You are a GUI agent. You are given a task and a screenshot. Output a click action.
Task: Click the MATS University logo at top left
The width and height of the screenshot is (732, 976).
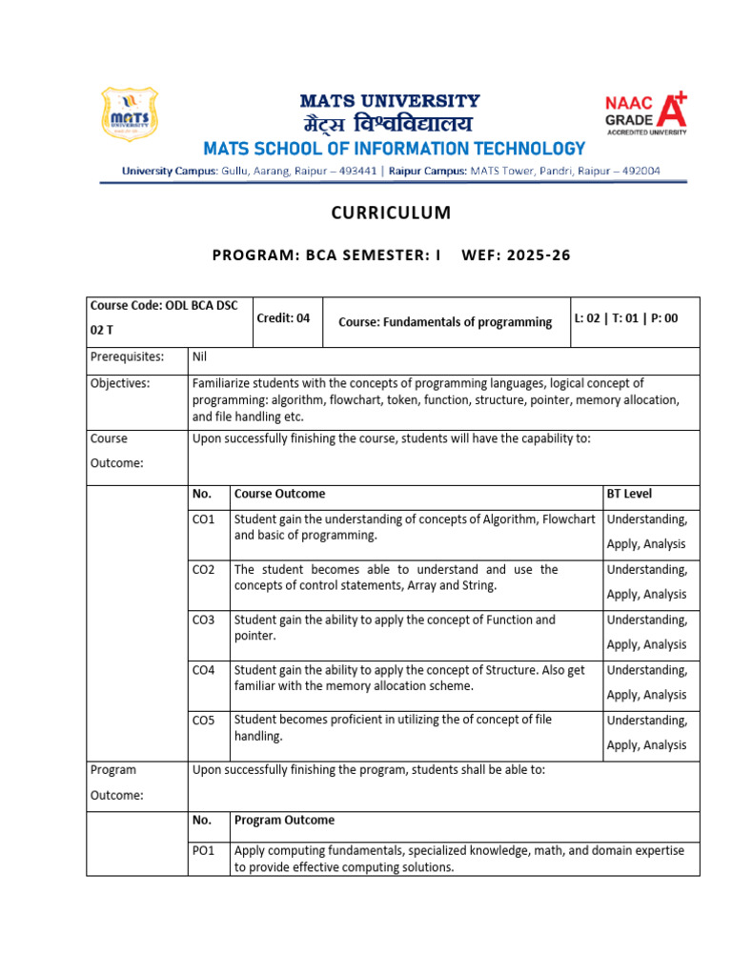click(x=129, y=114)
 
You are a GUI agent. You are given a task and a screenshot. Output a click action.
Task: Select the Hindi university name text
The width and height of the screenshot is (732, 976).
click(x=389, y=124)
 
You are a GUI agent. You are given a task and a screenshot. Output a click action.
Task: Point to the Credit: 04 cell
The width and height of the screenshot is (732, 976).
click(x=283, y=319)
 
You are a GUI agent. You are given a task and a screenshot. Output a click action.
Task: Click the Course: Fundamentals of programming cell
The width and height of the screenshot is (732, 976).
click(x=445, y=322)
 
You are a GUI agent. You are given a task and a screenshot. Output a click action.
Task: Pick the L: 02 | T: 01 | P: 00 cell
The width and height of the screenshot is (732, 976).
click(x=626, y=319)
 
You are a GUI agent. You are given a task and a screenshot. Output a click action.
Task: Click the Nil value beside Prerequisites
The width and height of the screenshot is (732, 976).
click(x=200, y=357)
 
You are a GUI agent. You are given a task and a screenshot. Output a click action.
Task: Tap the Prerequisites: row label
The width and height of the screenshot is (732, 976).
click(x=127, y=357)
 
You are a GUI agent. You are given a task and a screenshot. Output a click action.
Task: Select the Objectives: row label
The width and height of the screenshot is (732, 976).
click(x=120, y=383)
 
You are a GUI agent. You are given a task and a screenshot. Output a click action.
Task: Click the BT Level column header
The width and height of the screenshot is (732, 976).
click(x=629, y=494)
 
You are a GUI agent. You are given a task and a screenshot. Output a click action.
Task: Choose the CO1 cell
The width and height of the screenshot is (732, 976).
click(x=204, y=519)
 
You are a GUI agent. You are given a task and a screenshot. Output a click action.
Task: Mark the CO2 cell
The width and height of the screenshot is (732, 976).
click(x=204, y=570)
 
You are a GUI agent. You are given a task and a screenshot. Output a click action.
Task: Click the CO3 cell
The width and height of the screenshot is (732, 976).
click(x=204, y=620)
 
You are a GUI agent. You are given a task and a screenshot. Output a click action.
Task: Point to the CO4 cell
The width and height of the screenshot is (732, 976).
click(x=204, y=670)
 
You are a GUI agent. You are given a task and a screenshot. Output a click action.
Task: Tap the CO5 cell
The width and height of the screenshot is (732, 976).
click(x=204, y=721)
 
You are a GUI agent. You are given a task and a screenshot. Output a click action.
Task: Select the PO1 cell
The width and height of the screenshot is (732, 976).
click(x=204, y=850)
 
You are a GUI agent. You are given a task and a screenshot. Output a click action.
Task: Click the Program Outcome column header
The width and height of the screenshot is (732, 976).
click(x=284, y=820)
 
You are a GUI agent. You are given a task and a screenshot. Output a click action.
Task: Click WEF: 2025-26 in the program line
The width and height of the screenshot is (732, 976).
click(x=516, y=256)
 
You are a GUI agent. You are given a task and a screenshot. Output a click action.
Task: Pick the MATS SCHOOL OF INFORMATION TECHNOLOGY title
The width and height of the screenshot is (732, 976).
click(x=393, y=149)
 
